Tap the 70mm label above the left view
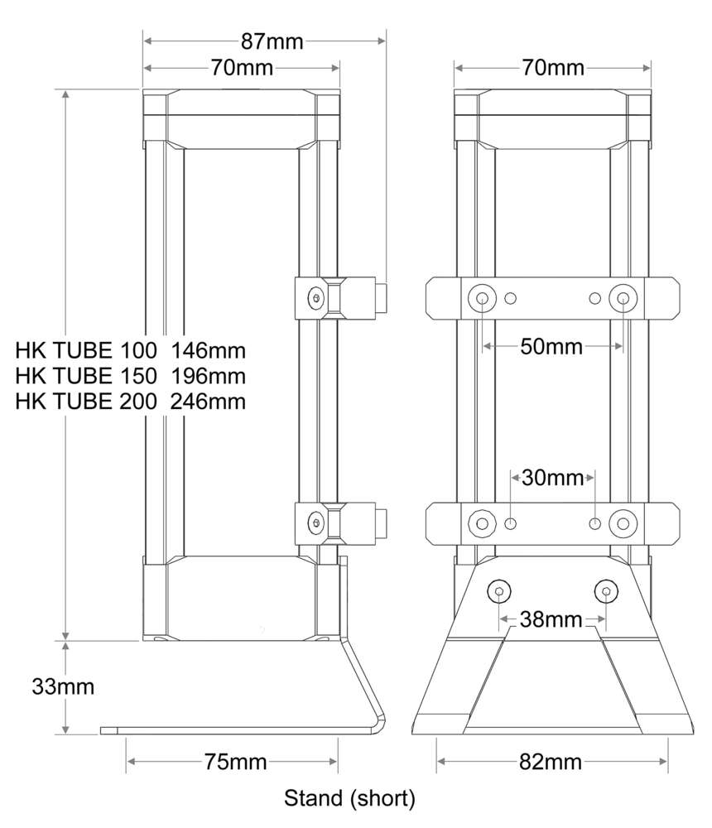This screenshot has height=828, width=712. pos(242,68)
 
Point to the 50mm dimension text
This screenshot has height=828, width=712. pos(551,346)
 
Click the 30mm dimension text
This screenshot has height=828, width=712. pos(553,478)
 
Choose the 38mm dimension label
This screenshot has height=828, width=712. pos(551,619)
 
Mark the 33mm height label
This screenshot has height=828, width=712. pos(63,686)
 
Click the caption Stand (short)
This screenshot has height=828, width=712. pos(349,799)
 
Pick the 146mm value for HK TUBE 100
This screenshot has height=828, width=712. pos(209,349)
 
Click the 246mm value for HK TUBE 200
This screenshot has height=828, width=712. pos(209,402)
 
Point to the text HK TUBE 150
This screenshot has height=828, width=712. pos(86,375)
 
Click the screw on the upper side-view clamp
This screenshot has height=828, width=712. pos(315,298)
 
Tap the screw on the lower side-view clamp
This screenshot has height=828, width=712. pos(315,522)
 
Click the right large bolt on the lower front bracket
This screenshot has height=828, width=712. pos(622,522)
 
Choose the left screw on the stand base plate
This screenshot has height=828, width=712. pos(499,592)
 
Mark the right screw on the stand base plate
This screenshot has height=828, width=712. pos(607,592)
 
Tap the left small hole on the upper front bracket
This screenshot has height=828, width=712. pos(511,298)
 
